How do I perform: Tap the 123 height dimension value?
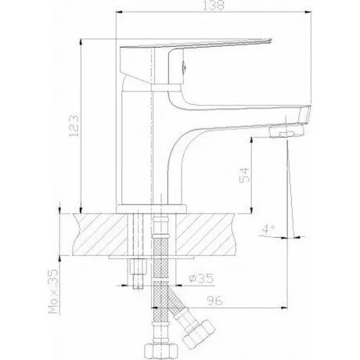tap(74, 125)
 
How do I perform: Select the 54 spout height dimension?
tap(244, 175)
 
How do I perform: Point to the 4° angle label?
tap(268, 229)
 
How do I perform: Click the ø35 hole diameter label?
tap(201, 279)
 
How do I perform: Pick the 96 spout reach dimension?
tap(214, 301)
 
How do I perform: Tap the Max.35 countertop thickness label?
tap(52, 291)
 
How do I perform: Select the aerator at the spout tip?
tap(286, 131)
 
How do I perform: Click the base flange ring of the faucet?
tap(151, 209)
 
